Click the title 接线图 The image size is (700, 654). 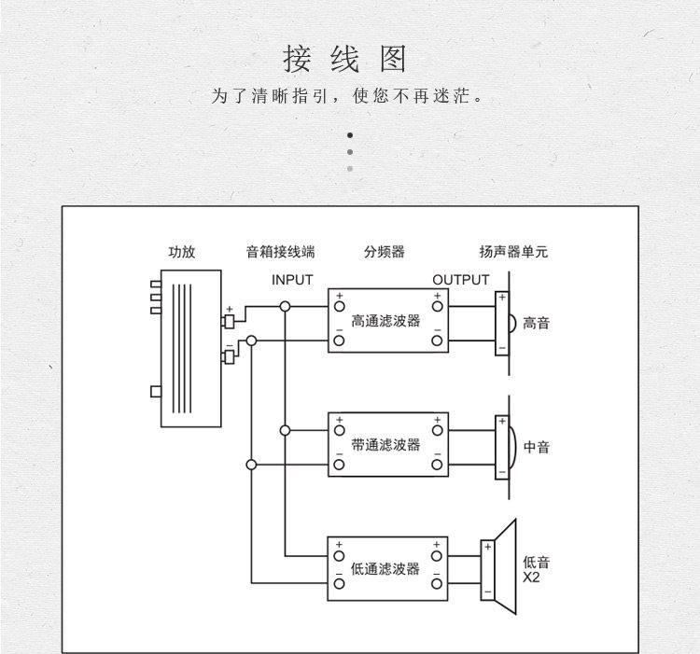click(344, 59)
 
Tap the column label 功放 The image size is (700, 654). click(182, 252)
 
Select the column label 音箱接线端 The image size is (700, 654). click(280, 252)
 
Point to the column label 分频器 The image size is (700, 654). click(384, 252)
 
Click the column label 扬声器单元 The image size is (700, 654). click(513, 252)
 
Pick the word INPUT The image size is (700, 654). click(292, 280)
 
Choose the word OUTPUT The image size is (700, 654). click(461, 280)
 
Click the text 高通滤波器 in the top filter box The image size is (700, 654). click(385, 321)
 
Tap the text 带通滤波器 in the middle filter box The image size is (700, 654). click(385, 445)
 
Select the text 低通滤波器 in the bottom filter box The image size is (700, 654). click(385, 569)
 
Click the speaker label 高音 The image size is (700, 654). click(536, 323)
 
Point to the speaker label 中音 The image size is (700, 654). click(536, 447)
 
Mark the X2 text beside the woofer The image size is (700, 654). click(531, 577)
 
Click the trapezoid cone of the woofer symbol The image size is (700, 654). click(506, 567)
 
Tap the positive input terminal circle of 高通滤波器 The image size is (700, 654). click(340, 307)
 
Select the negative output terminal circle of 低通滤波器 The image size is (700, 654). click(437, 583)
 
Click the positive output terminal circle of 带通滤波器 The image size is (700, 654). click(437, 430)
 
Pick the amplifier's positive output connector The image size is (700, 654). click(229, 321)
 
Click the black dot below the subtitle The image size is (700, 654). click(350, 135)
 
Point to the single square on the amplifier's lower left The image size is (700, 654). click(156, 392)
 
